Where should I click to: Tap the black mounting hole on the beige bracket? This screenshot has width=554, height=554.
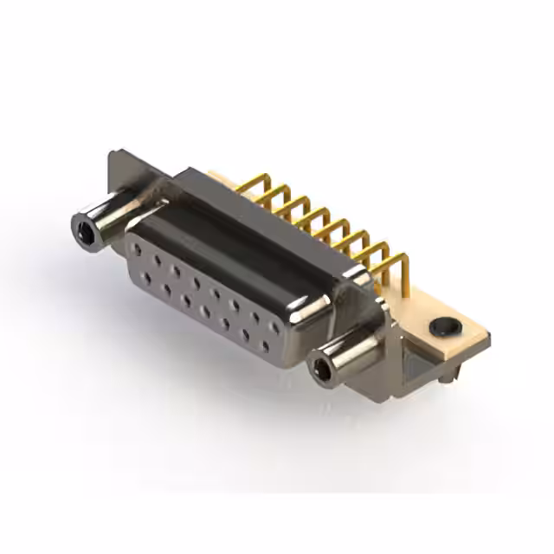(x=445, y=326)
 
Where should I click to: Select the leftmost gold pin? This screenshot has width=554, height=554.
(x=247, y=184)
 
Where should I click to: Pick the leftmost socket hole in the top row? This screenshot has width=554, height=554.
(x=136, y=249)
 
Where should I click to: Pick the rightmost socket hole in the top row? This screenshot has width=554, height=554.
(x=274, y=327)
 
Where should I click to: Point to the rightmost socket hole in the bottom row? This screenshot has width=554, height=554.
(x=266, y=345)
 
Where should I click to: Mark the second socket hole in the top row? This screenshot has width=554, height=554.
(x=156, y=260)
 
